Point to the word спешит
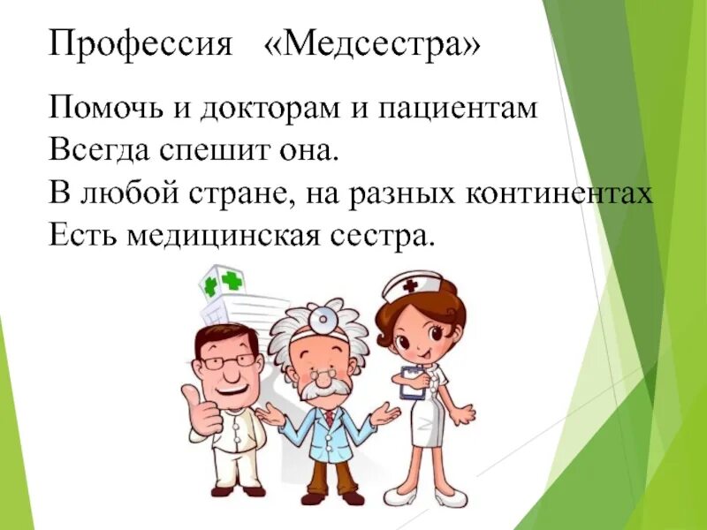(202, 151)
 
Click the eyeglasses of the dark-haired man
(229, 363)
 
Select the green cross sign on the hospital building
(232, 281)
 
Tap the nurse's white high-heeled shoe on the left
(405, 496)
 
